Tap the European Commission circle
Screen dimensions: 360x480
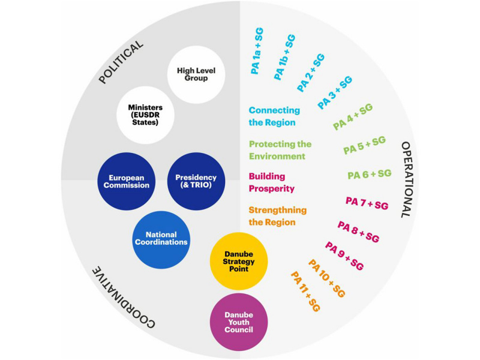[125, 181]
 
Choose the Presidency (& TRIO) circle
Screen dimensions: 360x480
[196, 181]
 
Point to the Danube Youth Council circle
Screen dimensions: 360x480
[239, 322]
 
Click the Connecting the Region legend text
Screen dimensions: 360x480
[274, 116]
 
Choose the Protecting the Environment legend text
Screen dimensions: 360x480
[280, 150]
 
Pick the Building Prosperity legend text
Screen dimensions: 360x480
[272, 182]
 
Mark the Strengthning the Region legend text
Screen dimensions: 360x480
[277, 216]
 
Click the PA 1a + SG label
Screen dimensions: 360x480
[257, 50]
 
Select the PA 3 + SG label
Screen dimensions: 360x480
[334, 92]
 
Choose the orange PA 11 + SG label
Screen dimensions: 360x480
[305, 292]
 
